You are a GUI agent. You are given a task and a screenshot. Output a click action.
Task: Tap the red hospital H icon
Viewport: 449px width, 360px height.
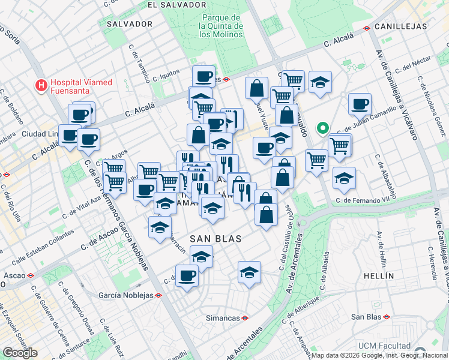click(x=41, y=85)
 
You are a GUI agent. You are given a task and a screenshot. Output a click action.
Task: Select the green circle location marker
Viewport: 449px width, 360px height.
click(x=322, y=128)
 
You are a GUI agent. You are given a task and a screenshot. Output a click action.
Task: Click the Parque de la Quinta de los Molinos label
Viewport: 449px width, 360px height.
click(x=222, y=26)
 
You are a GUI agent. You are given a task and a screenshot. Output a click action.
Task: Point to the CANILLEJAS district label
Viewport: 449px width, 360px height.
click(x=400, y=26)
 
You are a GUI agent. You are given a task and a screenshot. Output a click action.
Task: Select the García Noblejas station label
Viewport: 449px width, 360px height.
click(x=125, y=295)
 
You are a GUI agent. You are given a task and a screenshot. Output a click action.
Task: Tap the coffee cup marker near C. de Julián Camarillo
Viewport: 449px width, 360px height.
click(x=360, y=104)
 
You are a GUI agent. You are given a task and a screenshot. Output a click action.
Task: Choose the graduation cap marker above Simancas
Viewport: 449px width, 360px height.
click(x=249, y=272)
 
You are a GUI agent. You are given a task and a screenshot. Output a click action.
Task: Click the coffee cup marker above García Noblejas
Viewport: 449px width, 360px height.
click(x=187, y=275)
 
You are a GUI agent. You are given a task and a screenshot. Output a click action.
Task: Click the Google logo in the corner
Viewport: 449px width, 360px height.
click(x=20, y=353)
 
